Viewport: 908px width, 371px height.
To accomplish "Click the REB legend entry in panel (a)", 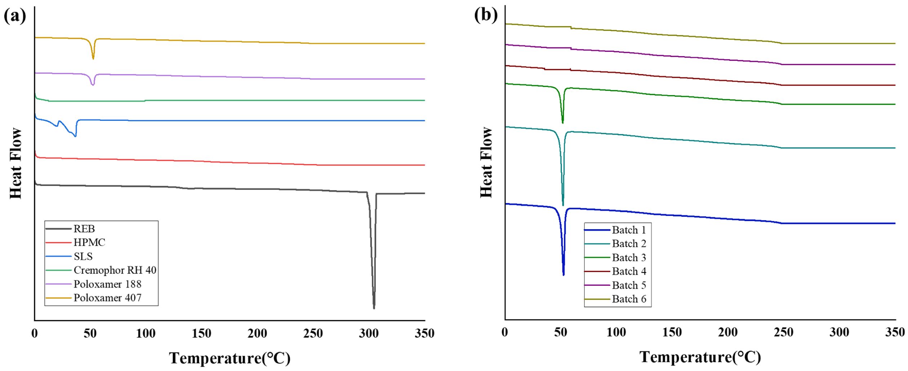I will point(84,229).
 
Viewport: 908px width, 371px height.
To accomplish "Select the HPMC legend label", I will point(89,243).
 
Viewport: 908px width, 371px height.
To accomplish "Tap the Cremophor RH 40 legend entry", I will point(115,270).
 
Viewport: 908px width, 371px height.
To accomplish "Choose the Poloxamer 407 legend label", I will point(107,298).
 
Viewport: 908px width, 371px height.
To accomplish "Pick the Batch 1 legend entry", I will point(629,230).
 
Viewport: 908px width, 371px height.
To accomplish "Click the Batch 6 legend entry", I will point(629,299).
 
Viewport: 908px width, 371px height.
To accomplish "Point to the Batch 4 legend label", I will point(629,271).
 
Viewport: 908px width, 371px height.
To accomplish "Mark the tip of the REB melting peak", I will point(374,308).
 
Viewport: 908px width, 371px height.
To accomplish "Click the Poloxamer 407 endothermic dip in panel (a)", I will point(93,58).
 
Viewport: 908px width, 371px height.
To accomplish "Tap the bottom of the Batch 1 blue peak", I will point(564,275).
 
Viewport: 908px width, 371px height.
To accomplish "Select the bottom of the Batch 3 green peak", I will point(563,123).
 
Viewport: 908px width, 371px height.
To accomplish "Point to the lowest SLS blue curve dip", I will point(75,136).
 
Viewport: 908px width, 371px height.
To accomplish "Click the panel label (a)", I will point(15,16).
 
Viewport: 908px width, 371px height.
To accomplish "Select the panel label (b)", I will point(486,15).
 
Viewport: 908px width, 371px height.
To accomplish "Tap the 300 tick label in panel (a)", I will point(369,334).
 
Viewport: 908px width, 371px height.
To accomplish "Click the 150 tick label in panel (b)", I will point(672,332).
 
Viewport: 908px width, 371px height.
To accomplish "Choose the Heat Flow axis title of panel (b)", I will point(486,162).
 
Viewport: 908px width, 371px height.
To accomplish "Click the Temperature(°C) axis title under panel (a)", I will point(230,358).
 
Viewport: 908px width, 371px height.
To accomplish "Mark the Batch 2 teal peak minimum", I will point(563,205).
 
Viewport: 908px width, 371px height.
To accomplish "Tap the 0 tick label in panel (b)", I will point(505,332).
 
